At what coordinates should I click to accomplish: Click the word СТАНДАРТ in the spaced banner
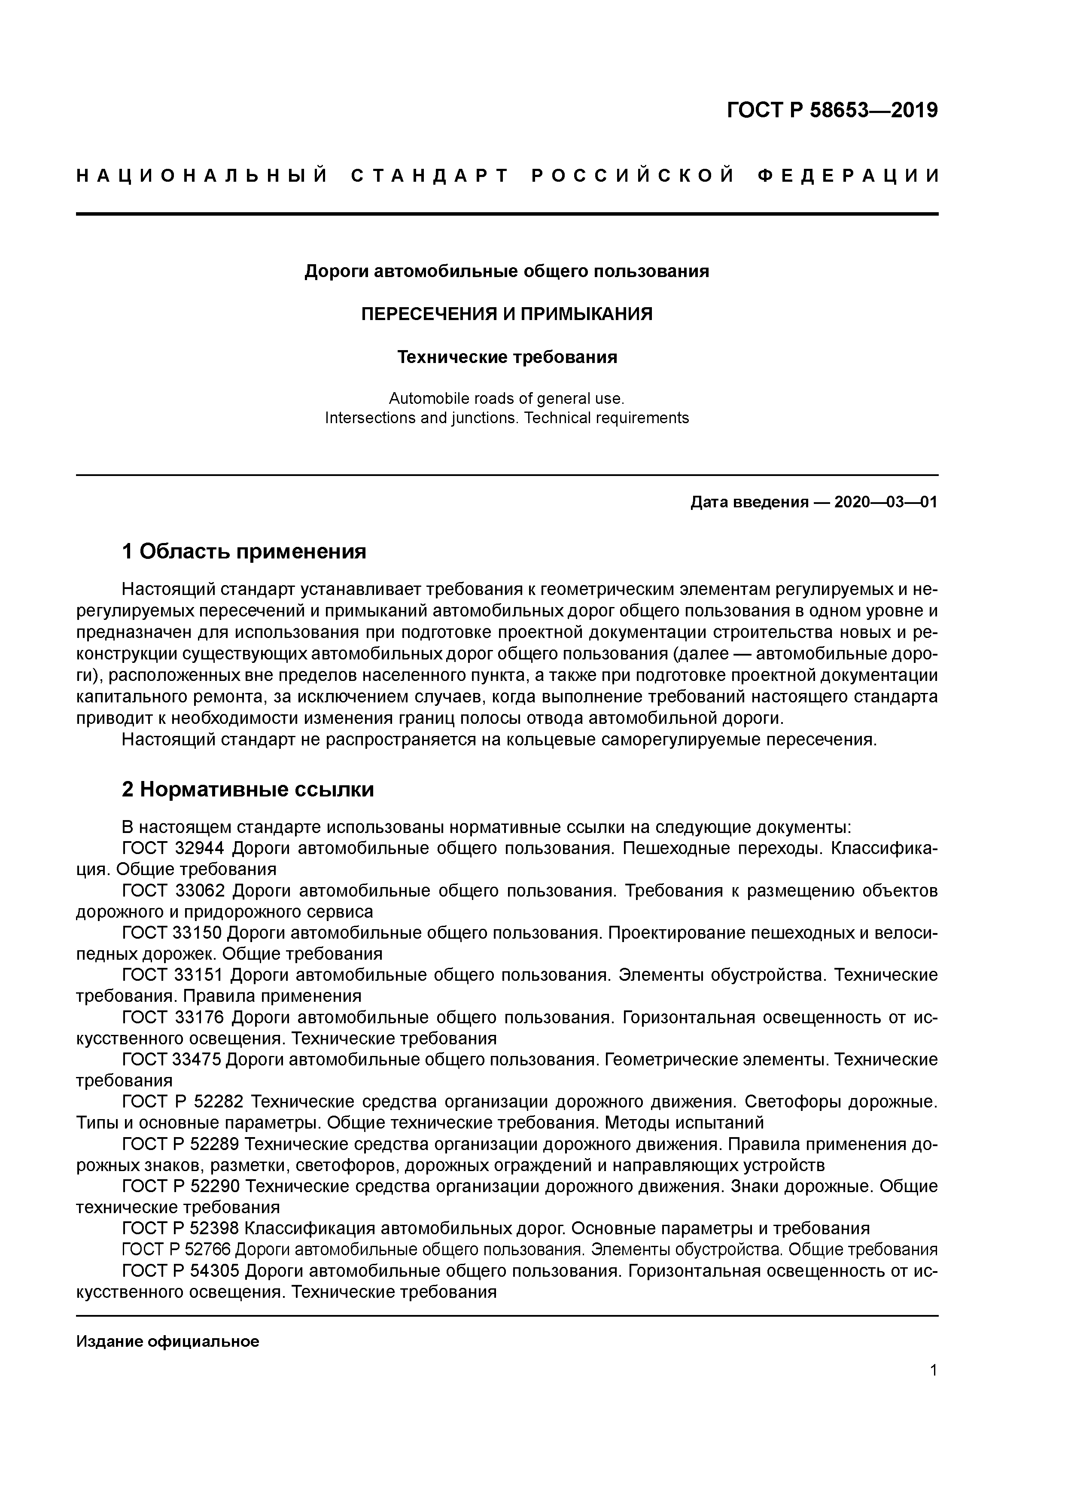click(430, 176)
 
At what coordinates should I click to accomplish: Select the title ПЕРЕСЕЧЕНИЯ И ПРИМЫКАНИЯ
click(507, 314)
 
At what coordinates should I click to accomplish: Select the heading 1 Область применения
click(243, 551)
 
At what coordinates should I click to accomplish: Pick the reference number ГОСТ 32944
click(173, 849)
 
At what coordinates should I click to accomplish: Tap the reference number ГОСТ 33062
click(173, 891)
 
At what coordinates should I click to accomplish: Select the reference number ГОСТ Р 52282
click(183, 1102)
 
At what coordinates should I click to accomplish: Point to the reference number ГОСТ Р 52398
click(183, 1229)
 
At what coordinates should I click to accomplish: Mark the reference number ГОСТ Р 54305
click(183, 1271)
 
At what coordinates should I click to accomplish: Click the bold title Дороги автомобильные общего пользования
click(507, 271)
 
